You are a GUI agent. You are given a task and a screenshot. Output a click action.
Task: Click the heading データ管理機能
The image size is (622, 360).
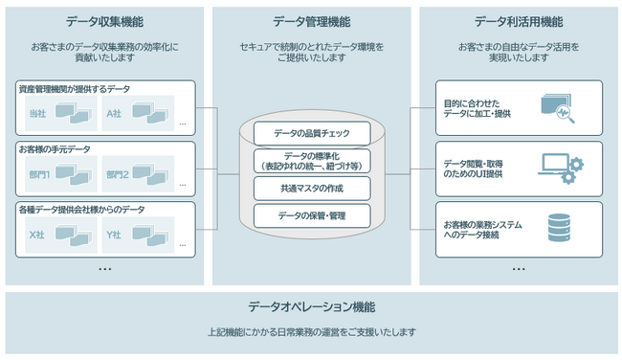pyautogui.click(x=311, y=21)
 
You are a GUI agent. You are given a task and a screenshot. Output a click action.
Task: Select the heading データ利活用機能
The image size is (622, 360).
pyautogui.click(x=518, y=21)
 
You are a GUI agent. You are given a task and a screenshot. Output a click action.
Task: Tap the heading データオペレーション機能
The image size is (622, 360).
pyautogui.click(x=311, y=307)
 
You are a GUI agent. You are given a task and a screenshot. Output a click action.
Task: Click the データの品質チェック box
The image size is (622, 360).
pyautogui.click(x=311, y=131)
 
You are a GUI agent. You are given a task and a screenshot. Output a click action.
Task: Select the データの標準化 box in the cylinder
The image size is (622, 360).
pyautogui.click(x=311, y=160)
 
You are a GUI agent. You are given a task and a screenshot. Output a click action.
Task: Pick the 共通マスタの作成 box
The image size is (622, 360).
pyautogui.click(x=311, y=188)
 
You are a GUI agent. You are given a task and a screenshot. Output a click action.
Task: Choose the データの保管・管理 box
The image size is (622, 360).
pyautogui.click(x=311, y=215)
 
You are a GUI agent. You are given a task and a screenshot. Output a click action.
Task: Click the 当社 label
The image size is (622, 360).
pyautogui.click(x=37, y=115)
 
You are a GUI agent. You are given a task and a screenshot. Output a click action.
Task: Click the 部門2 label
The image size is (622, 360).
pyautogui.click(x=117, y=174)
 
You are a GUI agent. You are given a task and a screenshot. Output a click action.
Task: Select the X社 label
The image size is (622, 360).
pyautogui.click(x=37, y=234)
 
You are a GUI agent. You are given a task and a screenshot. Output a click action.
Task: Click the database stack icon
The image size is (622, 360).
pyautogui.click(x=558, y=229)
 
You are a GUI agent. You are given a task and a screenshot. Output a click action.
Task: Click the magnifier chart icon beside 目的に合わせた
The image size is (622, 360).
pyautogui.click(x=558, y=108)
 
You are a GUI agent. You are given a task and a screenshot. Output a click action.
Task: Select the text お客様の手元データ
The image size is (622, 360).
pyautogui.click(x=55, y=149)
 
